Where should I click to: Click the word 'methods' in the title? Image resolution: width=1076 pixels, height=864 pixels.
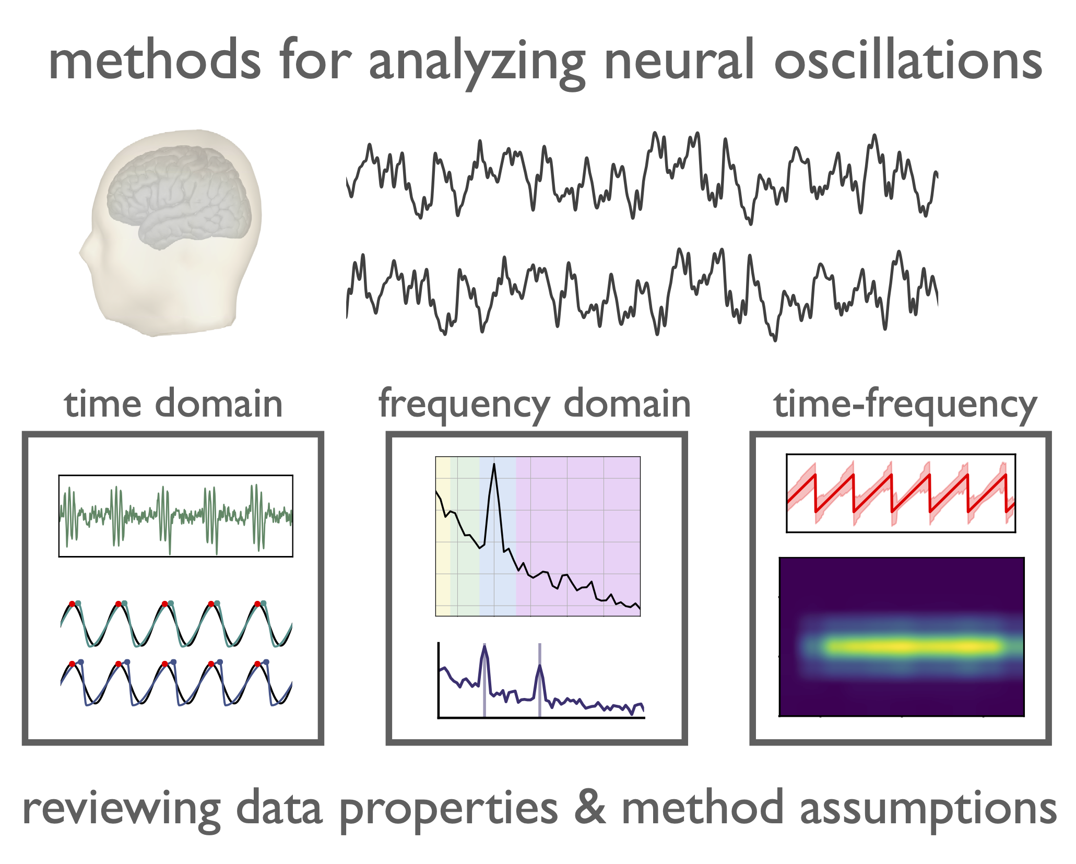(155, 62)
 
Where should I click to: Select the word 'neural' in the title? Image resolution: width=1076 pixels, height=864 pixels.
(679, 62)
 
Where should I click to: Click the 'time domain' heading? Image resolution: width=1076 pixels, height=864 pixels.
(173, 405)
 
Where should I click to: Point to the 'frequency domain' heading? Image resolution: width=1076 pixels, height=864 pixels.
(535, 405)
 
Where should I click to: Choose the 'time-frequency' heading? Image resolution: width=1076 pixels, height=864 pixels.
(905, 405)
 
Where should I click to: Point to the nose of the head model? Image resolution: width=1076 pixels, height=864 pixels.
(84, 253)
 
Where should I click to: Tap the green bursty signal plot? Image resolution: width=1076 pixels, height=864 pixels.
(176, 516)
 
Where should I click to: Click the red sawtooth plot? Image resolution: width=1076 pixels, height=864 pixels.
(901, 493)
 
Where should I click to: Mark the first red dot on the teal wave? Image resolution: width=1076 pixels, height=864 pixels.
(72, 604)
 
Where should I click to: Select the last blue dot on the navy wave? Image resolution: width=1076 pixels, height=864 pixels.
(266, 662)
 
